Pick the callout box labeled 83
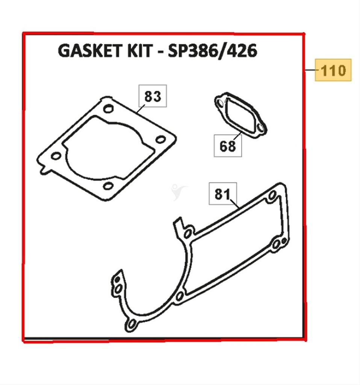click(153, 96)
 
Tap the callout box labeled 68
click(228, 146)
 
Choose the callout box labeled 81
click(222, 194)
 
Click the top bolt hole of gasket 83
click(108, 109)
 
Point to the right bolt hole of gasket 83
click(160, 139)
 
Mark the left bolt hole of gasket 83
click(56, 156)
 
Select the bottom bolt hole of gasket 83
click(108, 186)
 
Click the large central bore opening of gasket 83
click(109, 149)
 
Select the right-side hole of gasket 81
click(277, 244)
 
